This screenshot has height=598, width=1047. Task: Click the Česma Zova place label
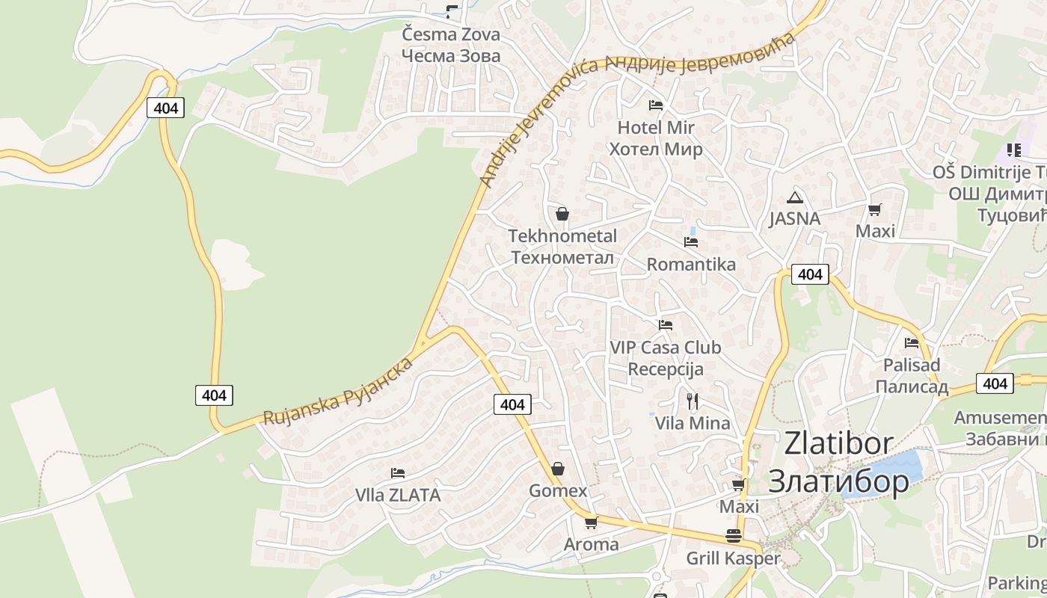[450, 34]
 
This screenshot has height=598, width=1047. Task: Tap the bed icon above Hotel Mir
[656, 105]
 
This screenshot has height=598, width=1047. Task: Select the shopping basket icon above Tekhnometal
[562, 215]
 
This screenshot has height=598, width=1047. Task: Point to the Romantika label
[691, 265]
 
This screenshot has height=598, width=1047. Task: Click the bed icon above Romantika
[691, 242]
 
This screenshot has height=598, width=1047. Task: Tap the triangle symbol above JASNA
[794, 198]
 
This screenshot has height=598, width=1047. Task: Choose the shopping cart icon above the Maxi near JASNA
[874, 209]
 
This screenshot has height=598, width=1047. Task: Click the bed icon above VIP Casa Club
[666, 325]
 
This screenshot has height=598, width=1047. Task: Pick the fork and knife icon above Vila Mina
[692, 401]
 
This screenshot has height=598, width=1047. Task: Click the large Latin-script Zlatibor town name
[838, 443]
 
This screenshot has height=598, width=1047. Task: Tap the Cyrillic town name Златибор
[838, 481]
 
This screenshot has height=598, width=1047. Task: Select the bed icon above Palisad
[912, 343]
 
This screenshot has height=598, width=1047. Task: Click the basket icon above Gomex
[558, 469]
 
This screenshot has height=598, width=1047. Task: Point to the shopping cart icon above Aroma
[591, 523]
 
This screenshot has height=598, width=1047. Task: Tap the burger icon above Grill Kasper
[733, 536]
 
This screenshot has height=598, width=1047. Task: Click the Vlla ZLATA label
[398, 496]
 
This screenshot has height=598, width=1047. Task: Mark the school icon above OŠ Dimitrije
[1014, 150]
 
